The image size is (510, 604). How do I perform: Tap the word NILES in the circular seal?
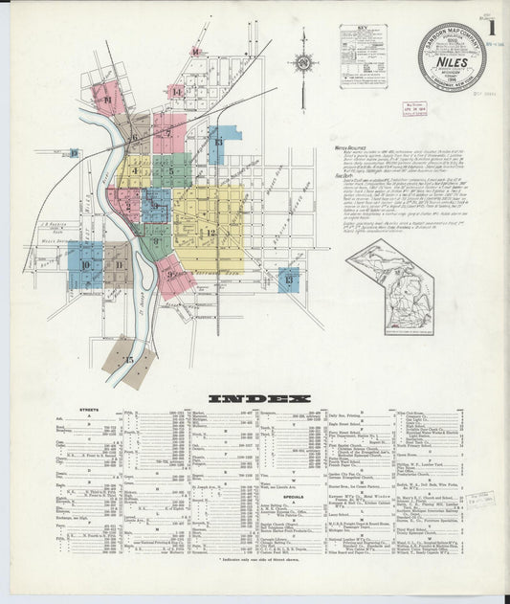coord(451,56)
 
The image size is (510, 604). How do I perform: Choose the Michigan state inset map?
coord(389,287)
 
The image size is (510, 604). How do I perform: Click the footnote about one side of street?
coord(259,584)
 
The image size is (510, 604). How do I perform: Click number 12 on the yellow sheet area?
coord(211,233)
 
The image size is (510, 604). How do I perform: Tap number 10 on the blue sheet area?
coord(85,265)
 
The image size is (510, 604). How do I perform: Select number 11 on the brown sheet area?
coord(120,257)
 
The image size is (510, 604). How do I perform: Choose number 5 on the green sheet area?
coord(170,172)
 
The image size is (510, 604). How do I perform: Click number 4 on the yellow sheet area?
coord(135,172)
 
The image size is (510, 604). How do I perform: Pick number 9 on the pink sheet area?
coord(170,276)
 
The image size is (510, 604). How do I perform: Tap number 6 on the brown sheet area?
coord(135,140)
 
